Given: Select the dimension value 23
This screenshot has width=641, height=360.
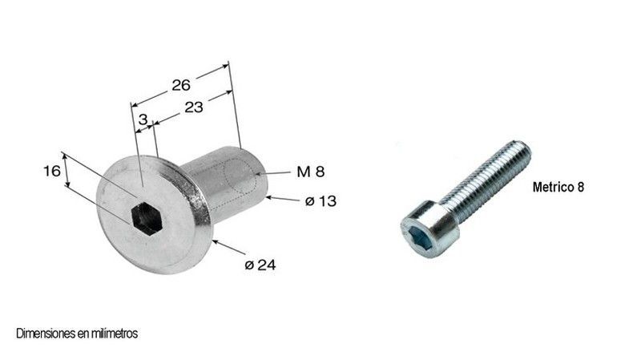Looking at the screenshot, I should (x=195, y=107).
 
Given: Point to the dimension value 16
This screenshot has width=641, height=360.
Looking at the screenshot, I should (x=51, y=170).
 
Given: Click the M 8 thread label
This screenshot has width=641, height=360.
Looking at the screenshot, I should (x=310, y=172).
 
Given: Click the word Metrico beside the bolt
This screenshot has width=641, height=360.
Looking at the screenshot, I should (x=553, y=187).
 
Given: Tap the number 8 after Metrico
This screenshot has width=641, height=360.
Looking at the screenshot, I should (x=581, y=187).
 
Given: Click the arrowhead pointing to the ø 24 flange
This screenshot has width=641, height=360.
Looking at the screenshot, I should (x=215, y=241).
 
